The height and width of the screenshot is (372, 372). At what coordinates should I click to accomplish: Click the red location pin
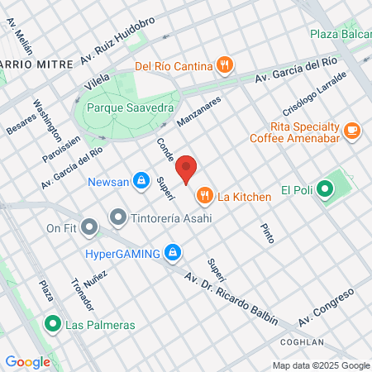187,168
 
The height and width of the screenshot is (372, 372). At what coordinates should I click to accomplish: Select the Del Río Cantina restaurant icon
225,64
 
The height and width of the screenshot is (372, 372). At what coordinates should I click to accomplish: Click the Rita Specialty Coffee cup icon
353,129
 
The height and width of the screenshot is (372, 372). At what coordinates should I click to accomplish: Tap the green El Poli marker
325,189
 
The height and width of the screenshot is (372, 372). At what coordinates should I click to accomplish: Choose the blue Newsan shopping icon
141,179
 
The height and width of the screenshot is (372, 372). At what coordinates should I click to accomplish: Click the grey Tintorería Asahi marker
117,217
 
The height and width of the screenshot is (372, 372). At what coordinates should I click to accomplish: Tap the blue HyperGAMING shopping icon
173,252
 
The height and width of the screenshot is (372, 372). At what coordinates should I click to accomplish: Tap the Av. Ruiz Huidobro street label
118,52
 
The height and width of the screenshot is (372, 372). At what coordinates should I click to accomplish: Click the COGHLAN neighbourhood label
301,341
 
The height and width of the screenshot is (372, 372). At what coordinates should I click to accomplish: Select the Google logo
27,361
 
